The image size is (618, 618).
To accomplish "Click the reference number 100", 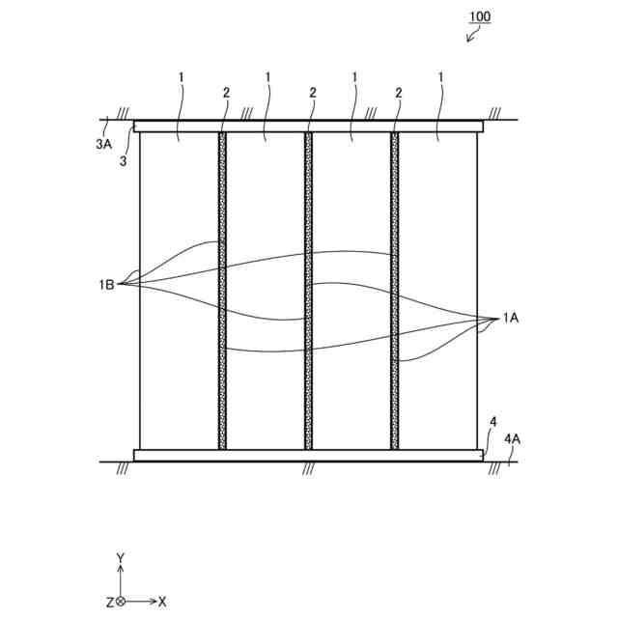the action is point(480,17).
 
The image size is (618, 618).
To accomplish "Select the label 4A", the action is point(513,437).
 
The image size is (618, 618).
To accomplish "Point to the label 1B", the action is point(106,284).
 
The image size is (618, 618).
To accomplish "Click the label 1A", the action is point(511,318).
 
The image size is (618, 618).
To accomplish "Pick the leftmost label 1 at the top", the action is point(182,76).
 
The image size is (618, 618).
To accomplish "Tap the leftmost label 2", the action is point(225,92).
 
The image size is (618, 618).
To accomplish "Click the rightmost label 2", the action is point(398,92).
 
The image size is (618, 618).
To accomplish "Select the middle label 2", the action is point(313,92).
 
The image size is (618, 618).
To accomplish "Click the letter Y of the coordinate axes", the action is point(120,558).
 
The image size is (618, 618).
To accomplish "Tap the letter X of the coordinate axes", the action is point(162,601).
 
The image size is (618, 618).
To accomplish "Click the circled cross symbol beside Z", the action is point(121,601).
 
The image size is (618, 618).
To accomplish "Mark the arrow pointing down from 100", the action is point(471,36).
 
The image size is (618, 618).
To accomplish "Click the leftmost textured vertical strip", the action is point(223,290).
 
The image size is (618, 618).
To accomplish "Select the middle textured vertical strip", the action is point(309,290).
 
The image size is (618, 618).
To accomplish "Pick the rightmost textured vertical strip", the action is point(394,290).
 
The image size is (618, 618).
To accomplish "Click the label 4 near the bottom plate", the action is point(493,422).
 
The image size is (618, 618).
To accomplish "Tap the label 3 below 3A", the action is point(122,161).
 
